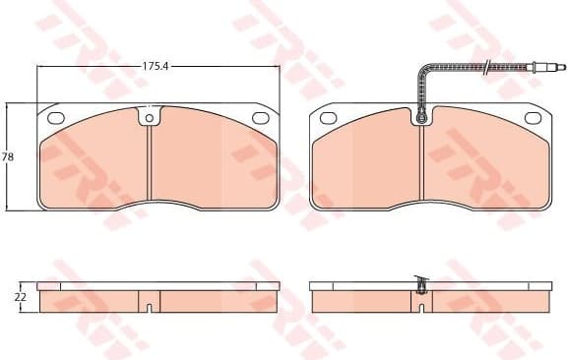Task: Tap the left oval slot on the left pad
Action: tap(56, 118)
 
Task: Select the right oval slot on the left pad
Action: tap(261, 118)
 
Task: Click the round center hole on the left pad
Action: tap(150, 120)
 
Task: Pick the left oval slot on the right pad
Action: tap(329, 118)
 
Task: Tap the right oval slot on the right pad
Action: tap(534, 118)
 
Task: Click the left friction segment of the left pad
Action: tap(94, 162)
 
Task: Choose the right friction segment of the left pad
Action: tap(212, 162)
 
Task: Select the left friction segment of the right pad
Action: tap(367, 162)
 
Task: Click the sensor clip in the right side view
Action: tap(422, 286)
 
